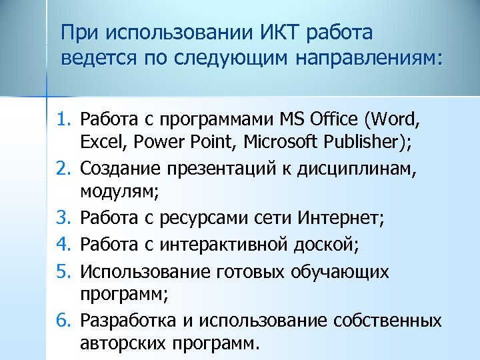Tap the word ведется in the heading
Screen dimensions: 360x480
[96, 57]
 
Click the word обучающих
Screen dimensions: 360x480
[351, 271]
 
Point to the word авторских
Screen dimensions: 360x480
[127, 344]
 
